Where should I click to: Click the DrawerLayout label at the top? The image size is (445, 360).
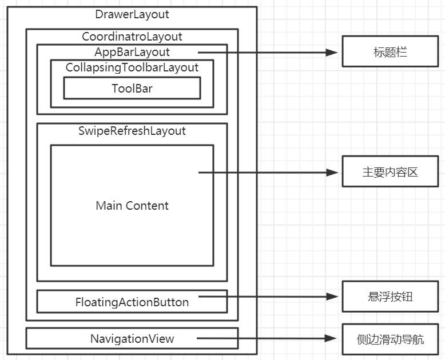coord(132,14)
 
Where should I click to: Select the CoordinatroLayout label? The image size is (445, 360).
coord(132,37)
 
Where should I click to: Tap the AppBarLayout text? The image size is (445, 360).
coord(132,52)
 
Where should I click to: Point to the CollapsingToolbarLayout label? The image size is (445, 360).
coord(132,67)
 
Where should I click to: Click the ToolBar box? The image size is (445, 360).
coord(132,88)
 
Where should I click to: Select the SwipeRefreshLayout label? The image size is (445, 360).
coord(132,131)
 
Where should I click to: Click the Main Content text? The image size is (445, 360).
coord(132,206)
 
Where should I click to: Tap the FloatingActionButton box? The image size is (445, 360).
coord(132,302)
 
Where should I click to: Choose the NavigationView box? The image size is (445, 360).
coord(132,338)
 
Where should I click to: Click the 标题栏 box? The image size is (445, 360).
coord(390,52)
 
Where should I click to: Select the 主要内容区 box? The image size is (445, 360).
coord(390,171)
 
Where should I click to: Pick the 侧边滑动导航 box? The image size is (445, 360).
coord(390,338)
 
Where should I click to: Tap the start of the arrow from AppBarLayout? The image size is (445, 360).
coord(200,52)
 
